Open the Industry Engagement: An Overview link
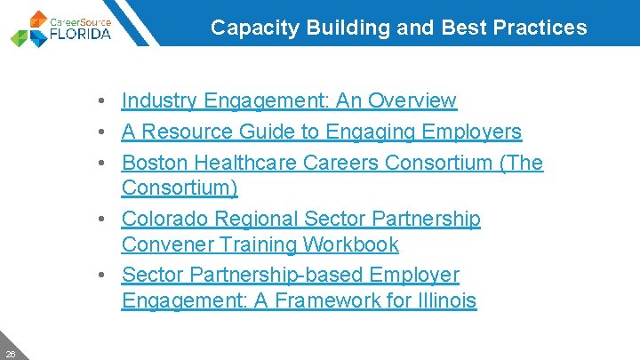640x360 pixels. click(289, 101)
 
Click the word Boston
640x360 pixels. click(149, 164)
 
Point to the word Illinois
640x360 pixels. click(447, 301)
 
